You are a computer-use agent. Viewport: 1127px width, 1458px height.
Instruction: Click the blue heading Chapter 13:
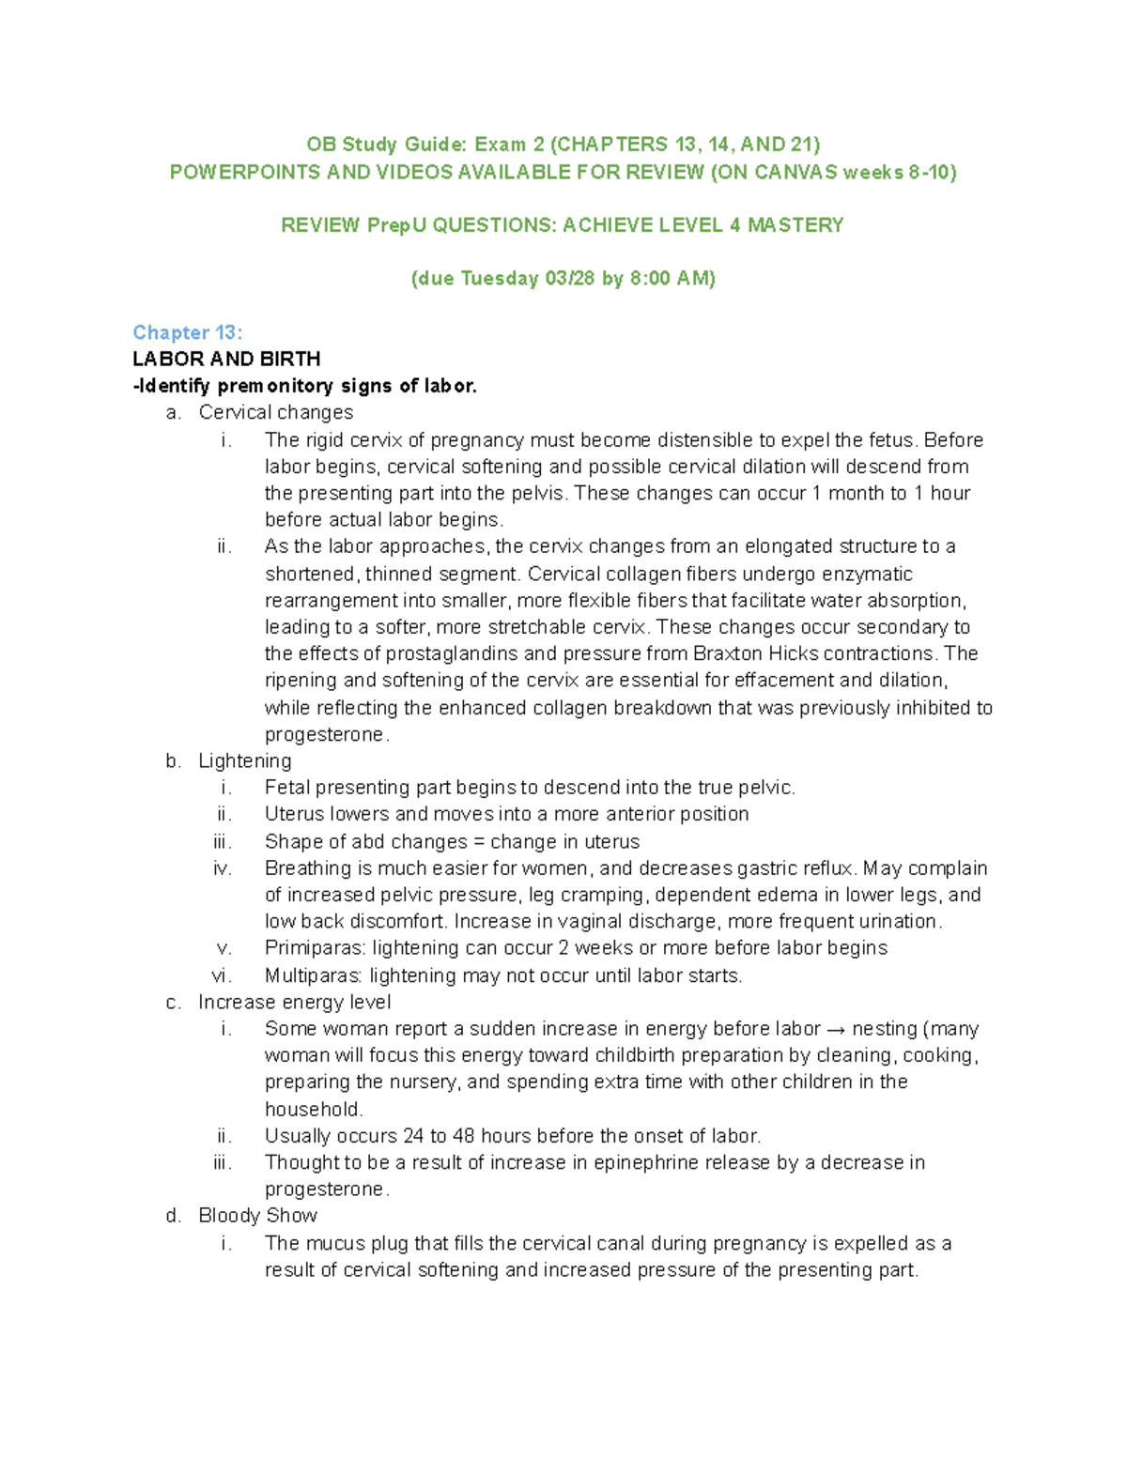point(187,332)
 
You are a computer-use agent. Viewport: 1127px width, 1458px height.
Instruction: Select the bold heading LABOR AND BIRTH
point(226,359)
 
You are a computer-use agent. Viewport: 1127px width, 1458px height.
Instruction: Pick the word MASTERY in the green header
point(795,225)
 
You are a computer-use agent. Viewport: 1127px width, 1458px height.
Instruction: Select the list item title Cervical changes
point(275,412)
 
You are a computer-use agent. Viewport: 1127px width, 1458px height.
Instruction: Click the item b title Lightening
point(244,760)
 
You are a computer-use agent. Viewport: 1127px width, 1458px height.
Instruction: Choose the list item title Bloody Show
point(257,1216)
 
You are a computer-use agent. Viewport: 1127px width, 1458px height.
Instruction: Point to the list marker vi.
point(222,975)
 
